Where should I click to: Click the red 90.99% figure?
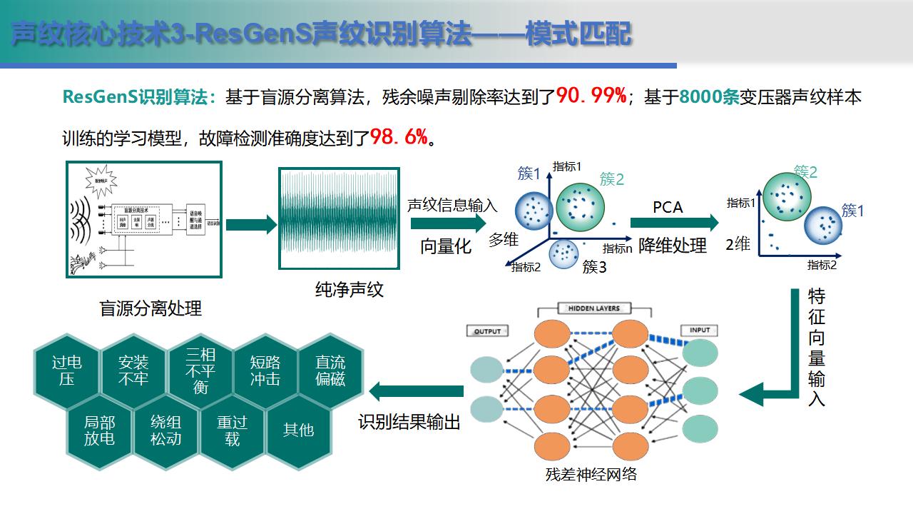click(591, 96)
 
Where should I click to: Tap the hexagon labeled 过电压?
click(66, 371)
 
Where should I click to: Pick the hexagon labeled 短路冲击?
click(265, 371)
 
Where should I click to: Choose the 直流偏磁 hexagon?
click(330, 371)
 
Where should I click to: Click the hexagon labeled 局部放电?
click(99, 430)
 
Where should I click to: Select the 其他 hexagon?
click(298, 430)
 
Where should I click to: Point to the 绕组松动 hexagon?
click(165, 430)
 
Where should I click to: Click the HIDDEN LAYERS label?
click(594, 308)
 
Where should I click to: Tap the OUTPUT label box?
click(488, 331)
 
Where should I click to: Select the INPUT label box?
click(700, 330)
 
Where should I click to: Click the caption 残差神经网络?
click(591, 474)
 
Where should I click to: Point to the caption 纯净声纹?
click(350, 289)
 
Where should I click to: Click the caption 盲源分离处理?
click(151, 308)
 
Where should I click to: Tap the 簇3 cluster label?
click(594, 268)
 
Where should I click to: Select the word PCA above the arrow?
click(668, 207)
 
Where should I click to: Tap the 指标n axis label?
click(618, 248)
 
